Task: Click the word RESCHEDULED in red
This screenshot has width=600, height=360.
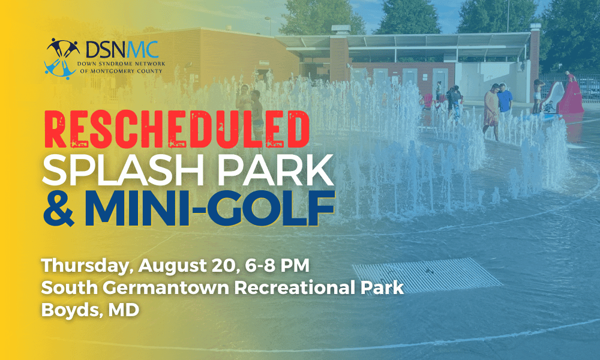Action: (x=177, y=130)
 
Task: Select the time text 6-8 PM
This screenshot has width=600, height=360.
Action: (x=277, y=265)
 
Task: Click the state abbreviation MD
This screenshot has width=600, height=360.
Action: (x=124, y=310)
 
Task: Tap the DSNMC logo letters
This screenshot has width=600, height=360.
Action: (x=122, y=49)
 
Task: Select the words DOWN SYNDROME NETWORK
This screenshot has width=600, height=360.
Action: (x=121, y=64)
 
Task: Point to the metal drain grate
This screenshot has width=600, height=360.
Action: (x=427, y=275)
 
